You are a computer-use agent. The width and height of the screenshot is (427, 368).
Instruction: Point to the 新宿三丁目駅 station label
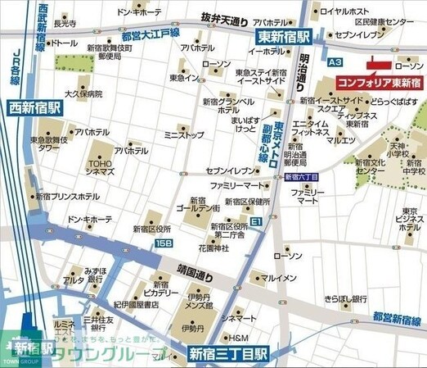pyautogui.click(x=228, y=355)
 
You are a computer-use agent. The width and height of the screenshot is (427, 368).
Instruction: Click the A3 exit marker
pyautogui.click(x=334, y=61)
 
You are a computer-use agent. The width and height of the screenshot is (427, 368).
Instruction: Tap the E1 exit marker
pyautogui.click(x=256, y=221)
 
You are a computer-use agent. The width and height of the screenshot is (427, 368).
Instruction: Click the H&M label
pyautogui.click(x=238, y=338)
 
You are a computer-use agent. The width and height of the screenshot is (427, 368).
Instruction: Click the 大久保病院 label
pyautogui.click(x=83, y=94)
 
